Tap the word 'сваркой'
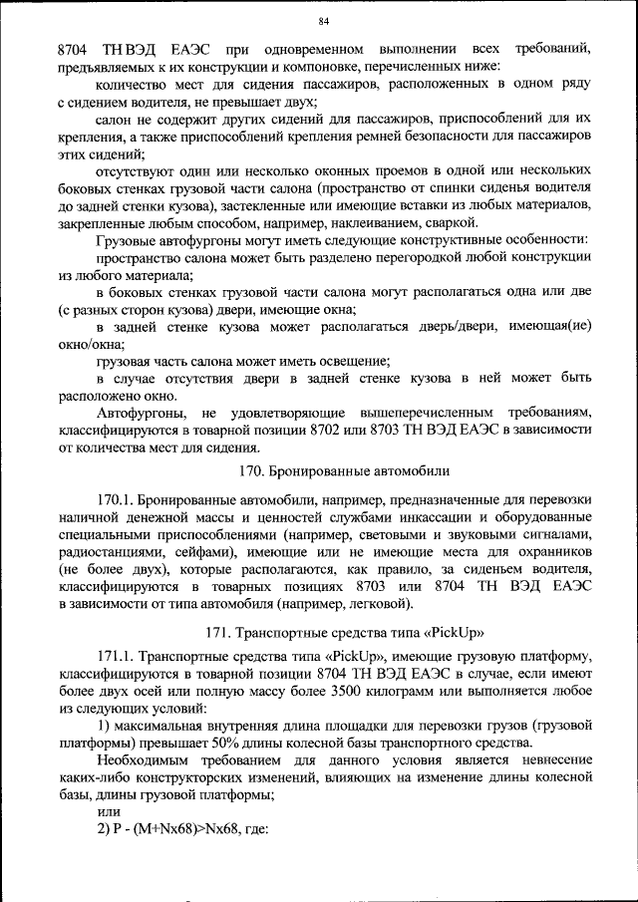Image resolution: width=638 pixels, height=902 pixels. [439, 223]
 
